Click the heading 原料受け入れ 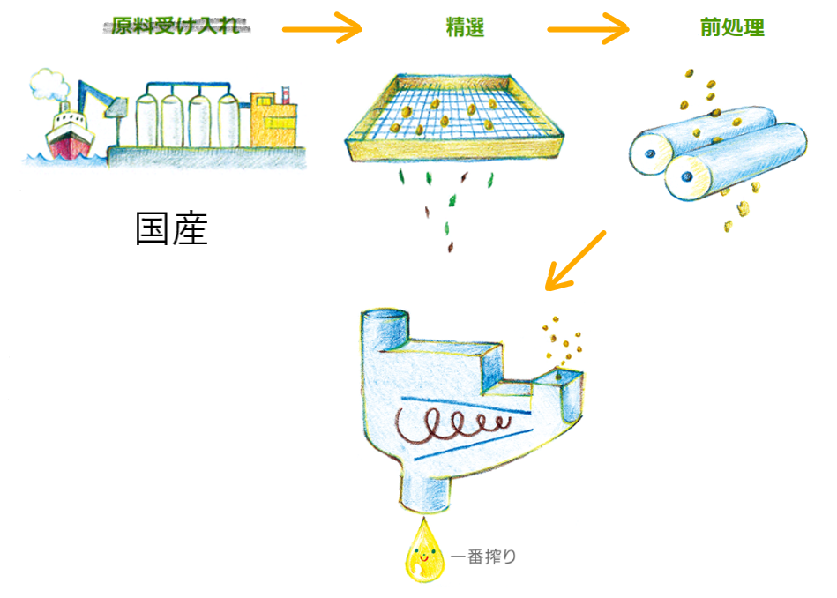tap(181, 26)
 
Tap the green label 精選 tap(465, 28)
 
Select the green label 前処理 tap(732, 28)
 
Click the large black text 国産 tap(171, 228)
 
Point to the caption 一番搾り tap(483, 557)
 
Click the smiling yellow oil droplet tap(422, 553)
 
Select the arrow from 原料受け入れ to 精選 tap(323, 29)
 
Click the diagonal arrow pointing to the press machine tap(575, 261)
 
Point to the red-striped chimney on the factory tap(285, 95)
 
